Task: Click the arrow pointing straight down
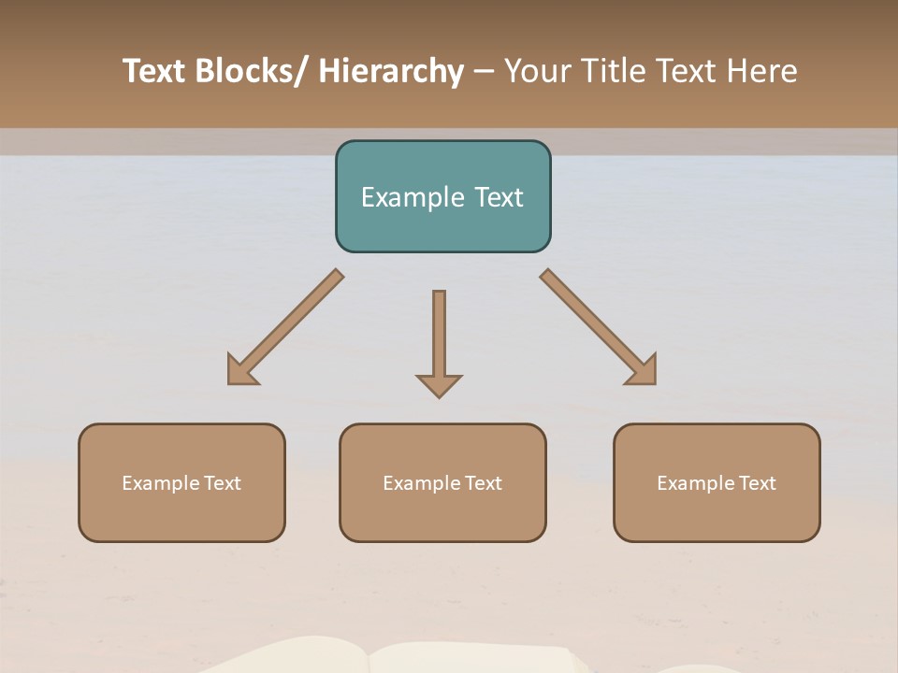click(x=439, y=336)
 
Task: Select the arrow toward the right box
click(x=599, y=327)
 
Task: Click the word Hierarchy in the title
click(x=390, y=72)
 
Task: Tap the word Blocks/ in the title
click(x=252, y=72)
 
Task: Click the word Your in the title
click(x=535, y=72)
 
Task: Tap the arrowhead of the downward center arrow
click(x=439, y=385)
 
